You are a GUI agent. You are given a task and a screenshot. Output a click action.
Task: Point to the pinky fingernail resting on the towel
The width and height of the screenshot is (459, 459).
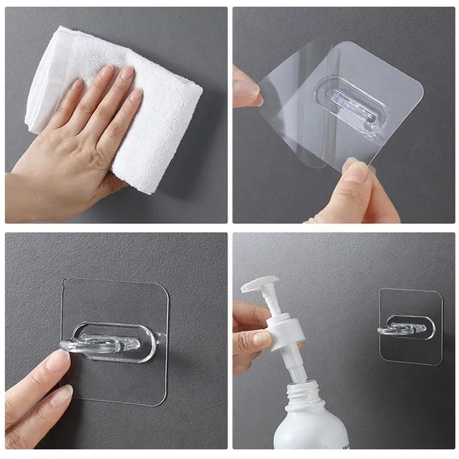click(x=136, y=95)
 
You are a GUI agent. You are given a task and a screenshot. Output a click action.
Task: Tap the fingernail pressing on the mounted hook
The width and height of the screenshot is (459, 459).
click(x=59, y=360)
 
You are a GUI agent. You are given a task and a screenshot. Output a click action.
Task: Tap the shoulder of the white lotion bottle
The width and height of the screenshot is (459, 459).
click(x=304, y=425)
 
